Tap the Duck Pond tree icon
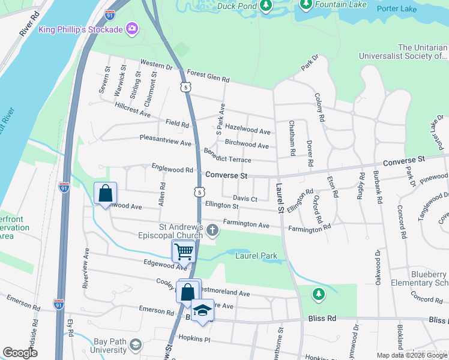[x=265, y=5]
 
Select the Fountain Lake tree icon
[x=306, y=4]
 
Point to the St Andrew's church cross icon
[x=211, y=230]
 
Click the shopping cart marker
[x=183, y=251]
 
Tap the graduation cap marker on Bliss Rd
[x=203, y=310]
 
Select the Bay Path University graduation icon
[x=136, y=344]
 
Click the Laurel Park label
[x=256, y=256]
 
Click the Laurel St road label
[x=280, y=199]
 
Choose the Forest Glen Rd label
[x=208, y=79]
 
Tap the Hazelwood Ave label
[x=249, y=131]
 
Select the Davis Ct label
[x=245, y=199]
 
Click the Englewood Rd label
[x=172, y=170]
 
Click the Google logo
[x=20, y=353]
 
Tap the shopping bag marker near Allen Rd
[x=106, y=193]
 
